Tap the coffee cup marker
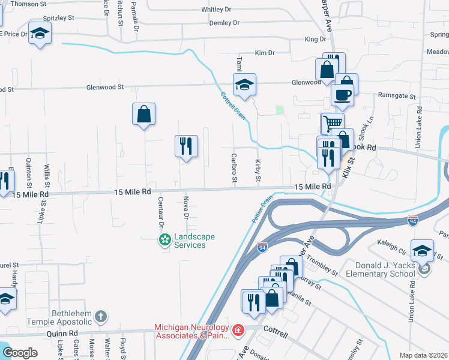(x=342, y=94)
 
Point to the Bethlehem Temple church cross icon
(x=101, y=316)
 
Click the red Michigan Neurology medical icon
(x=238, y=330)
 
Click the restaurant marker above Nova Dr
(x=186, y=145)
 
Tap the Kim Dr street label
(x=264, y=53)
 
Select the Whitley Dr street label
(x=215, y=10)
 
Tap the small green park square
(x=279, y=110)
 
